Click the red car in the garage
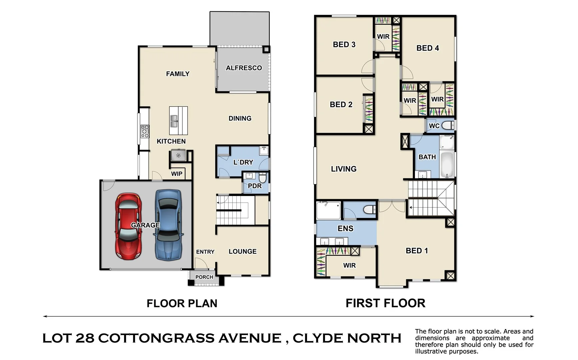pyautogui.click(x=128, y=227)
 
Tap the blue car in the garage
pyautogui.click(x=169, y=225)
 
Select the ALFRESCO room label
pyautogui.click(x=244, y=68)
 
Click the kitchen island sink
pyautogui.click(x=174, y=121)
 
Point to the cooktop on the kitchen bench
pyautogui.click(x=145, y=131)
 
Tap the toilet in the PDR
pyautogui.click(x=263, y=178)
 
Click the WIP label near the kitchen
pyautogui.click(x=177, y=174)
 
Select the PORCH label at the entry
pyautogui.click(x=204, y=277)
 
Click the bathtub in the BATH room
pyautogui.click(x=447, y=164)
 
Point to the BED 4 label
pyautogui.click(x=428, y=48)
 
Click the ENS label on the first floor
pyautogui.click(x=345, y=228)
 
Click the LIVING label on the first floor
pyautogui.click(x=344, y=169)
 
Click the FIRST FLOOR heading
pyautogui.click(x=385, y=303)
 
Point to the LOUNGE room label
pyautogui.click(x=242, y=251)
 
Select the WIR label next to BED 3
pyautogui.click(x=383, y=37)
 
